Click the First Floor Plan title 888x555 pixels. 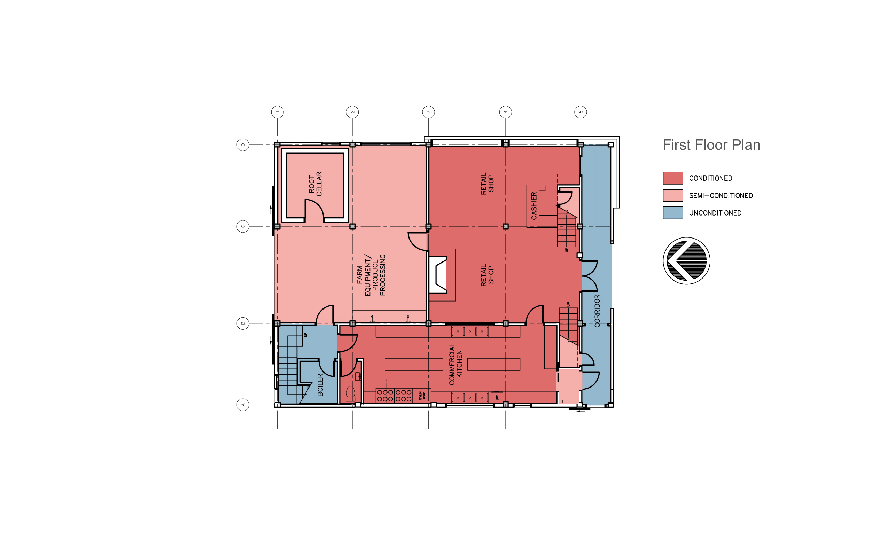(x=711, y=145)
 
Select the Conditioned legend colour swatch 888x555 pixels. (x=672, y=178)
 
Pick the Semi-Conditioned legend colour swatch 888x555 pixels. (x=672, y=195)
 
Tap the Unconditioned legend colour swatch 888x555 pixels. (x=672, y=213)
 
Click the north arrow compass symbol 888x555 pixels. (x=686, y=261)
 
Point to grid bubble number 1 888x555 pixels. (x=277, y=112)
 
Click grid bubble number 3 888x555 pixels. (x=428, y=112)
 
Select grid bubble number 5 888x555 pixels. (x=581, y=112)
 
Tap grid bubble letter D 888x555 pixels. (x=243, y=145)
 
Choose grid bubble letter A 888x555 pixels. (x=243, y=405)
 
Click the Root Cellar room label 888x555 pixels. (x=315, y=184)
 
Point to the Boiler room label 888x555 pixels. (x=320, y=385)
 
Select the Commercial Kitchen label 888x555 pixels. (x=455, y=364)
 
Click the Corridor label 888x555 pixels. (x=597, y=311)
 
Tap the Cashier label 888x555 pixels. (x=534, y=206)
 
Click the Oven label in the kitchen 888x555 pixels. (x=422, y=396)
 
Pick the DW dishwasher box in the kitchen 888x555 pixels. (x=497, y=397)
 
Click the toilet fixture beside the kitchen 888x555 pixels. (x=351, y=393)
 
